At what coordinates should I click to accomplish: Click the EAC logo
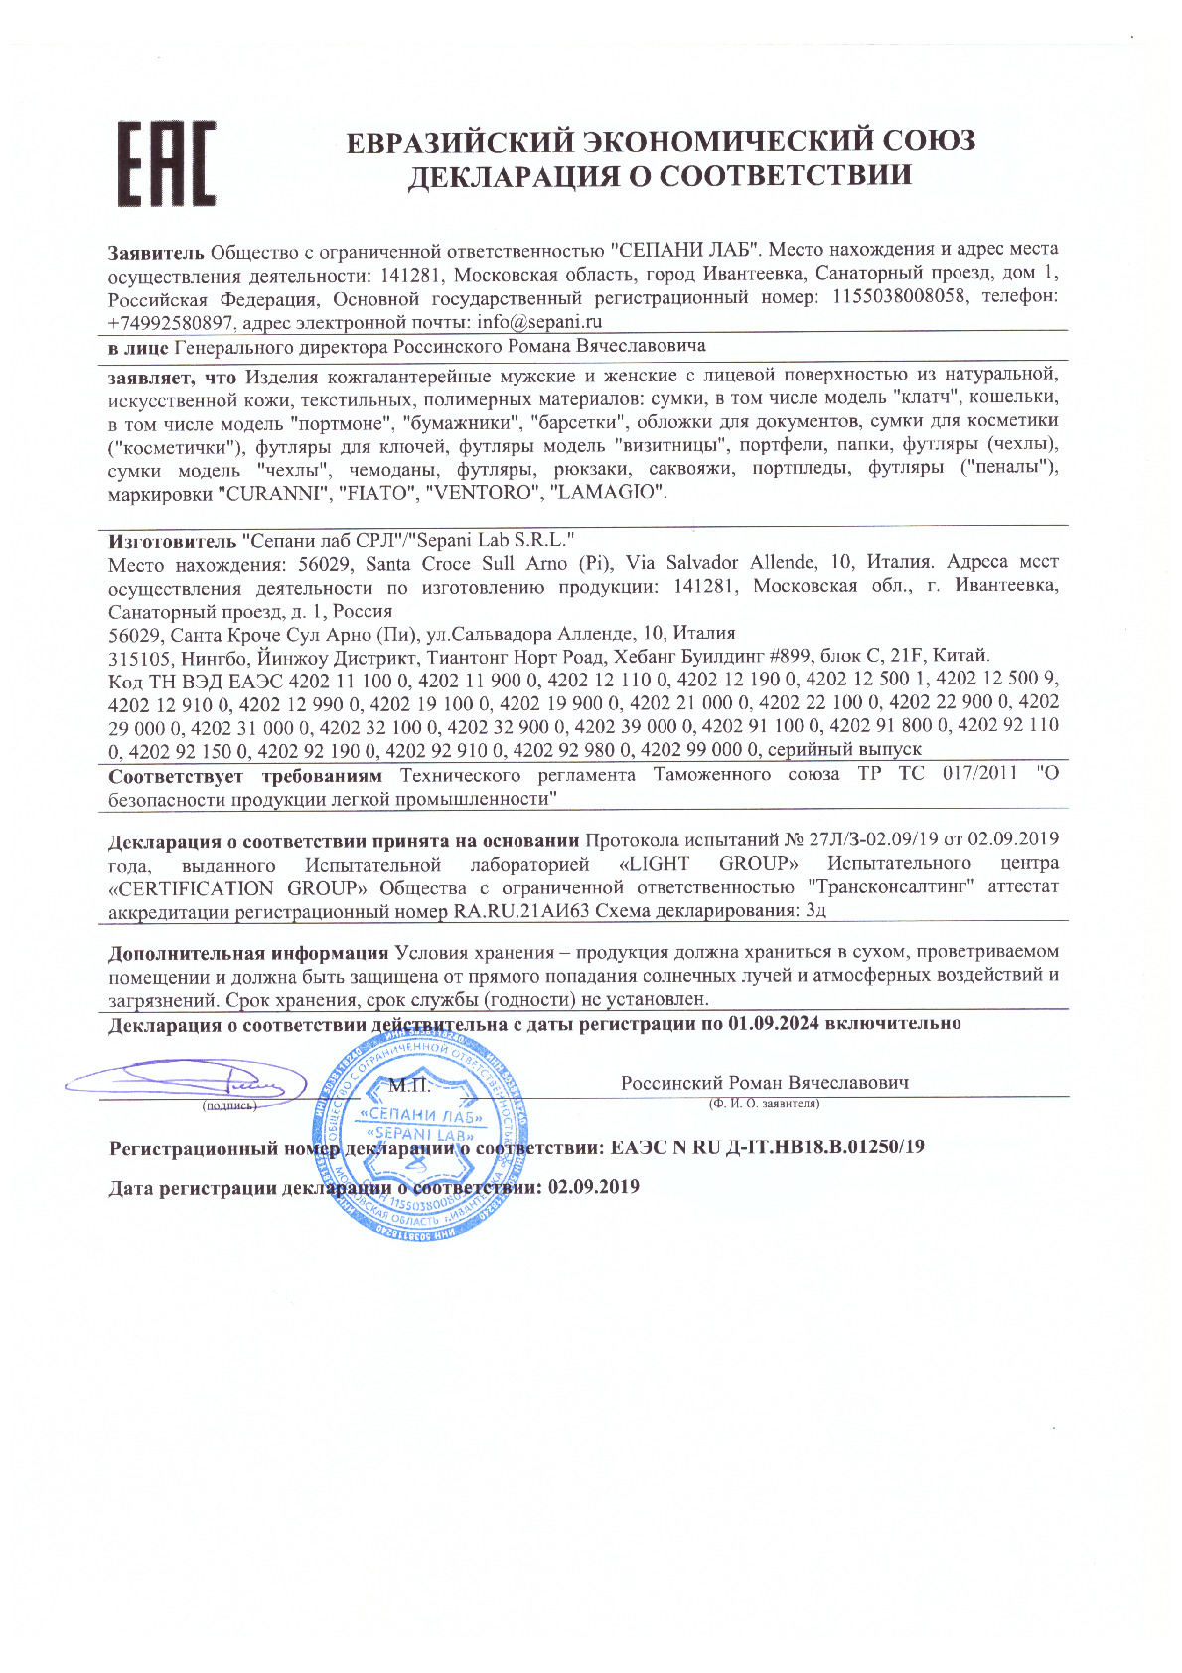(167, 164)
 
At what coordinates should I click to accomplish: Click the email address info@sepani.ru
(539, 322)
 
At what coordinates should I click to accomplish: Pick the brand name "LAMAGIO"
(606, 493)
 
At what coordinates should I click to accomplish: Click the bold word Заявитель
(156, 249)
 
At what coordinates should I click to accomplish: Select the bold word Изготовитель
(171, 540)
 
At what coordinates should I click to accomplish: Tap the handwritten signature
(189, 1080)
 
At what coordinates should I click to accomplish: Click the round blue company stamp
(421, 1136)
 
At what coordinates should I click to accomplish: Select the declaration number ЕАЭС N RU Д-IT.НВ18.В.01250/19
(768, 1147)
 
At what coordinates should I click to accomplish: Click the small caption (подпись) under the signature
(229, 1105)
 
